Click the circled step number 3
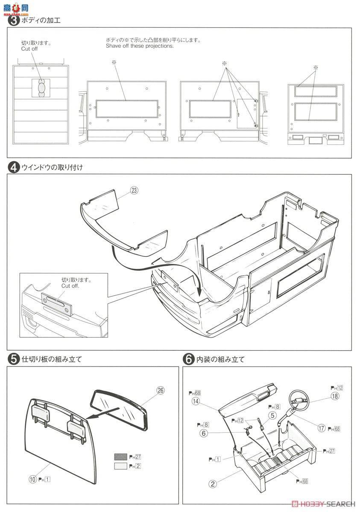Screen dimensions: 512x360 pos(14,20)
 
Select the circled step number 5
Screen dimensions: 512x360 pos(14,359)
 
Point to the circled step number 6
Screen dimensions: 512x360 pos(188,359)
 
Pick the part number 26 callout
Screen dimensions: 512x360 pos(160,390)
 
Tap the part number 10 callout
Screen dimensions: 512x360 pos(32,479)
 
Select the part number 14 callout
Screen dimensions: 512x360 pos(196,401)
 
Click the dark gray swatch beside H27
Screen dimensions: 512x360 pos(120,457)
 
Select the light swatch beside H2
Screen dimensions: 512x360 pos(120,466)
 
